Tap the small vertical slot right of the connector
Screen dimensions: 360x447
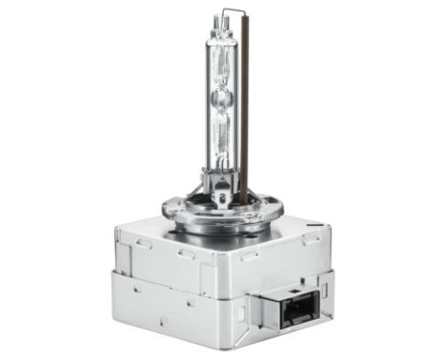[324, 287]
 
